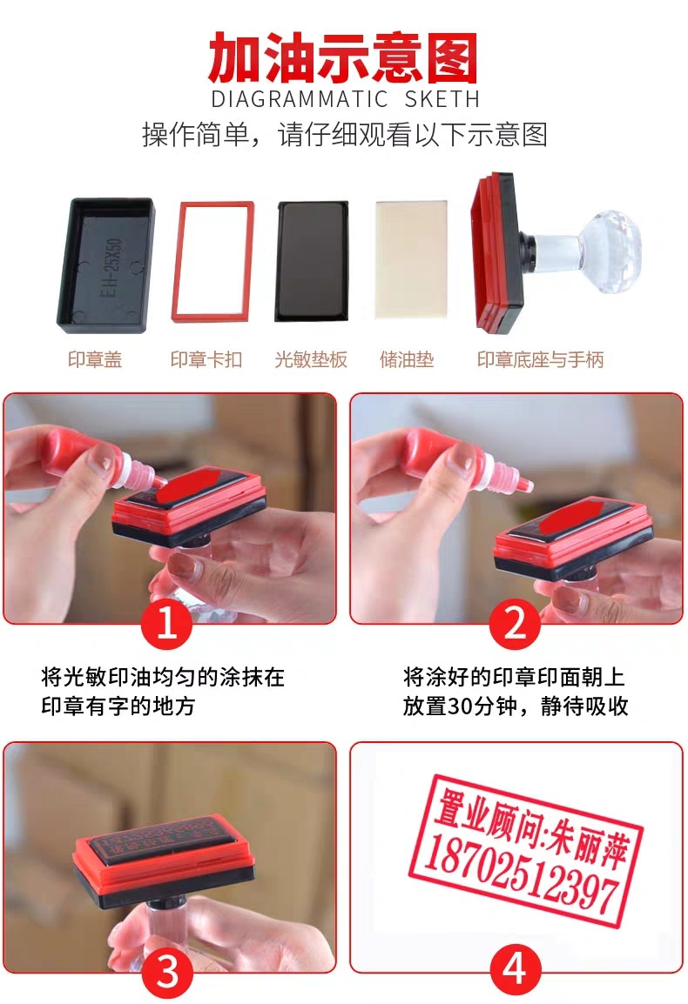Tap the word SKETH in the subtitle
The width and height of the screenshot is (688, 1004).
click(442, 98)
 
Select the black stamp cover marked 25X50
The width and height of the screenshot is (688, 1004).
click(105, 265)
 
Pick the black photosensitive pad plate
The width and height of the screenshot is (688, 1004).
click(312, 260)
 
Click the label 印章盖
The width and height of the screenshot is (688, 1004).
click(95, 360)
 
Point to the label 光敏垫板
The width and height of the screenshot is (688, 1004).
click(311, 360)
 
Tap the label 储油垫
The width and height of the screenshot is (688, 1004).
click(407, 360)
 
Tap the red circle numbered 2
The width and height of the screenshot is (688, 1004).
click(516, 624)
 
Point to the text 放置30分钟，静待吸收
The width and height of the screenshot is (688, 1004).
click(515, 706)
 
